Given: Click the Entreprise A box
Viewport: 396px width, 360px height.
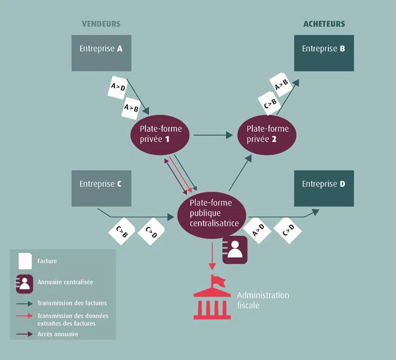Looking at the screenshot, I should click(x=101, y=53).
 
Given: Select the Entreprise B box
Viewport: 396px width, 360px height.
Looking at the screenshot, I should click(x=324, y=53).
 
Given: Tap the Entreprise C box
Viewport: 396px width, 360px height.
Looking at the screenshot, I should click(x=101, y=188).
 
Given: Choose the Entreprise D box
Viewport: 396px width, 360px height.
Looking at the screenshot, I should click(x=324, y=188).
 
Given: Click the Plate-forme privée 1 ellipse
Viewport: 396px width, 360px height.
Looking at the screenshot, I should click(x=161, y=134).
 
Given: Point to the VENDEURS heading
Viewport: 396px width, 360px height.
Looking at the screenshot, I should click(x=101, y=24).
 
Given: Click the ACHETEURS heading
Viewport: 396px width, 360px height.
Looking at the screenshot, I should click(x=324, y=24).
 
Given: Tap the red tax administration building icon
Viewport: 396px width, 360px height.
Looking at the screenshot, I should click(x=212, y=298).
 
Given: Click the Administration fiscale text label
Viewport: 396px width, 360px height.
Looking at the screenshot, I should click(x=263, y=300).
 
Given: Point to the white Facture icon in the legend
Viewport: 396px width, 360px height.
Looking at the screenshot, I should click(x=25, y=261).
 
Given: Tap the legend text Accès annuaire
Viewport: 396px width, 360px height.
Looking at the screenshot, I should click(x=58, y=334).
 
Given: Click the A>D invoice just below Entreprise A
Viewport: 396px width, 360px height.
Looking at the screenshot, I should click(x=118, y=88).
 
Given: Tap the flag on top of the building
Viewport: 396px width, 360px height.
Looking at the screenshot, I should click(x=216, y=280).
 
